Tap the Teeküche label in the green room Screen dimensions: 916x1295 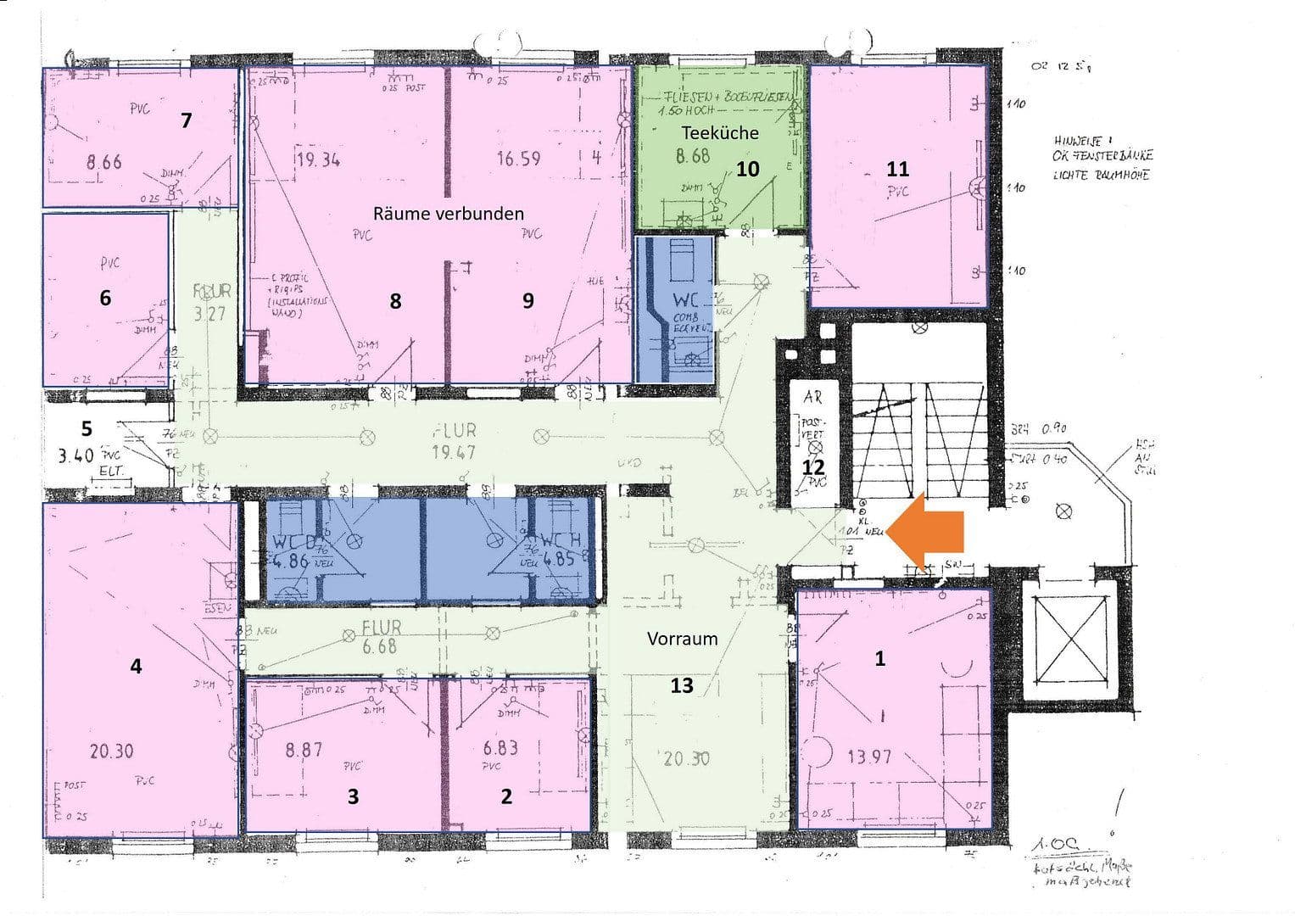tap(720, 132)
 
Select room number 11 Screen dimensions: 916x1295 tap(897, 169)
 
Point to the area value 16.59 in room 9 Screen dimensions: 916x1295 tap(518, 158)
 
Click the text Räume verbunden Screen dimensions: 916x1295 tap(448, 213)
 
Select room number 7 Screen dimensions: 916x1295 tap(187, 120)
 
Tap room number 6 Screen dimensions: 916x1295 tap(105, 298)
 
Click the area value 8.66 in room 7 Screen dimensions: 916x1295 tap(103, 161)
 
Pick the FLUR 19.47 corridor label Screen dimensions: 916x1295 tap(454, 441)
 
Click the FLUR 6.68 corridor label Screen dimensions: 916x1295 tap(380, 636)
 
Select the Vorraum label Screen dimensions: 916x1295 tap(682, 639)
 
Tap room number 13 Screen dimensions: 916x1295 tap(682, 684)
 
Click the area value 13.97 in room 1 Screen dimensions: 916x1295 tap(869, 756)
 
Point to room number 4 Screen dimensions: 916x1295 tap(136, 667)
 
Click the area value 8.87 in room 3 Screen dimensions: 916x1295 tap(304, 750)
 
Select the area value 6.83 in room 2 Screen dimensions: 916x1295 tap(500, 748)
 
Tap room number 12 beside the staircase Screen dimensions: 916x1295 tap(813, 467)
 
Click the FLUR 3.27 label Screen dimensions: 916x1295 tap(210, 302)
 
